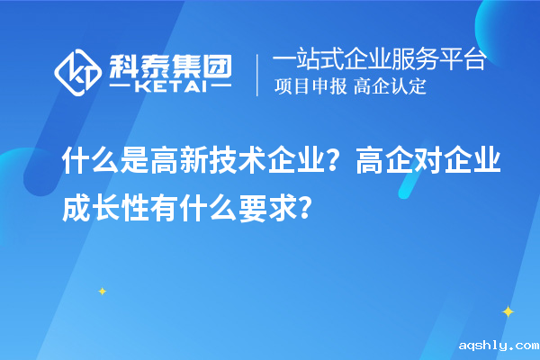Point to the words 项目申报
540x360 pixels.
tap(310, 87)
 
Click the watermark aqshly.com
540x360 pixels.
tap(498, 345)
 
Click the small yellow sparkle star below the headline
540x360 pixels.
tap(102, 291)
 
